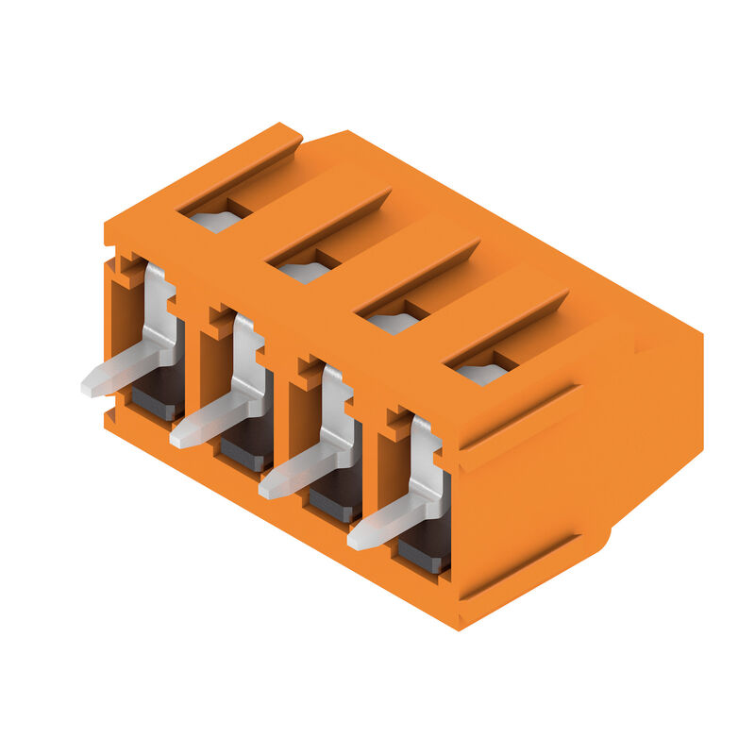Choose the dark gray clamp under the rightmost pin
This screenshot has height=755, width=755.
[x=425, y=551]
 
